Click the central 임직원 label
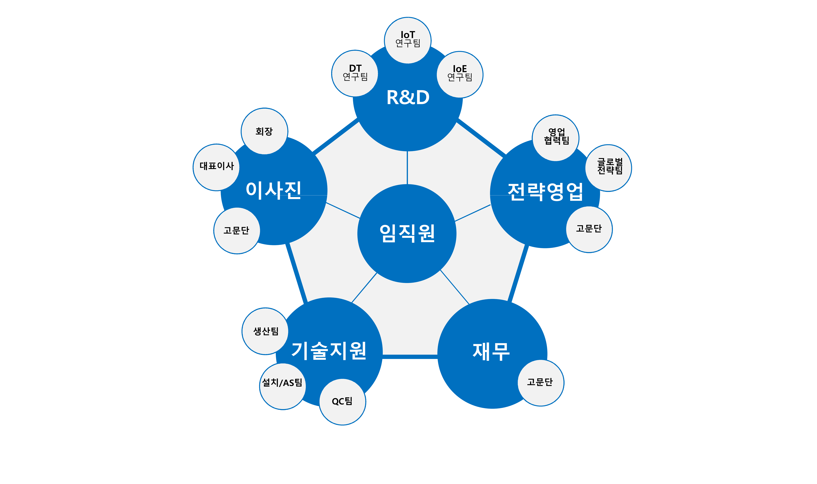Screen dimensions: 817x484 tap(407, 234)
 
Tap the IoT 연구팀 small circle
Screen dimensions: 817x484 tap(408, 40)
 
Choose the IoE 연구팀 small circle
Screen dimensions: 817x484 tap(460, 74)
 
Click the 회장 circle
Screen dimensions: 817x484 tap(264, 131)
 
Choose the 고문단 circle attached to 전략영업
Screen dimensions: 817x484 tap(589, 229)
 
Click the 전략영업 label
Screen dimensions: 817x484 tap(545, 191)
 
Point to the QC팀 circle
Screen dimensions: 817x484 tap(342, 402)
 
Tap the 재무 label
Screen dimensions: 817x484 tap(491, 352)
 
